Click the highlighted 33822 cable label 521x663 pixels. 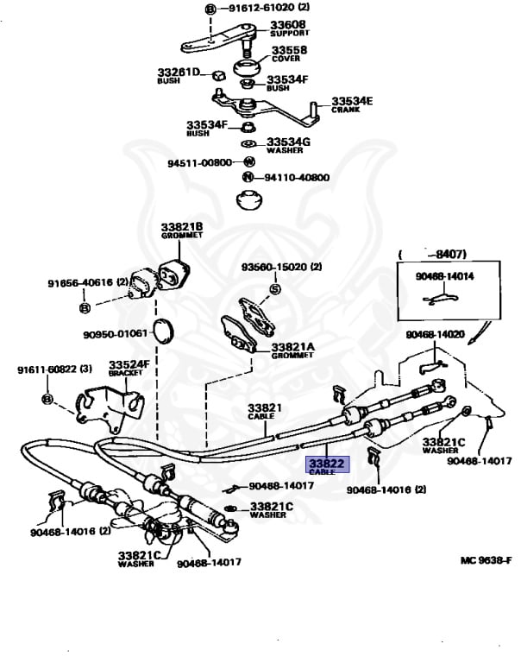327,465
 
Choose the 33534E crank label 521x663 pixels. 352,104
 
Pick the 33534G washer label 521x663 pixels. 288,144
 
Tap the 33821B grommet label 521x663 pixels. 181,230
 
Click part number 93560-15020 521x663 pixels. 281,267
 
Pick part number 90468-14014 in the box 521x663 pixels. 444,277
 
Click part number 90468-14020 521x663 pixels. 436,334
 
